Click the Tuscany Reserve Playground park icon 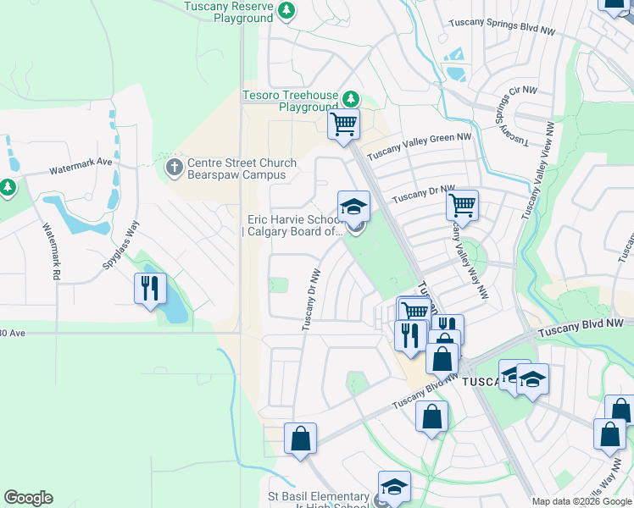click(287, 10)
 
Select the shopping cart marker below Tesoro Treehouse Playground click(343, 125)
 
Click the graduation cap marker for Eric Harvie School click(353, 207)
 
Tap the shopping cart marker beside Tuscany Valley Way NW click(462, 205)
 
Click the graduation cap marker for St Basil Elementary click(394, 487)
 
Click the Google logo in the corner click(28, 498)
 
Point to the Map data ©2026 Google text click(581, 502)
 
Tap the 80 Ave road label click(13, 334)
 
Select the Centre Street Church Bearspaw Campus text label click(242, 168)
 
